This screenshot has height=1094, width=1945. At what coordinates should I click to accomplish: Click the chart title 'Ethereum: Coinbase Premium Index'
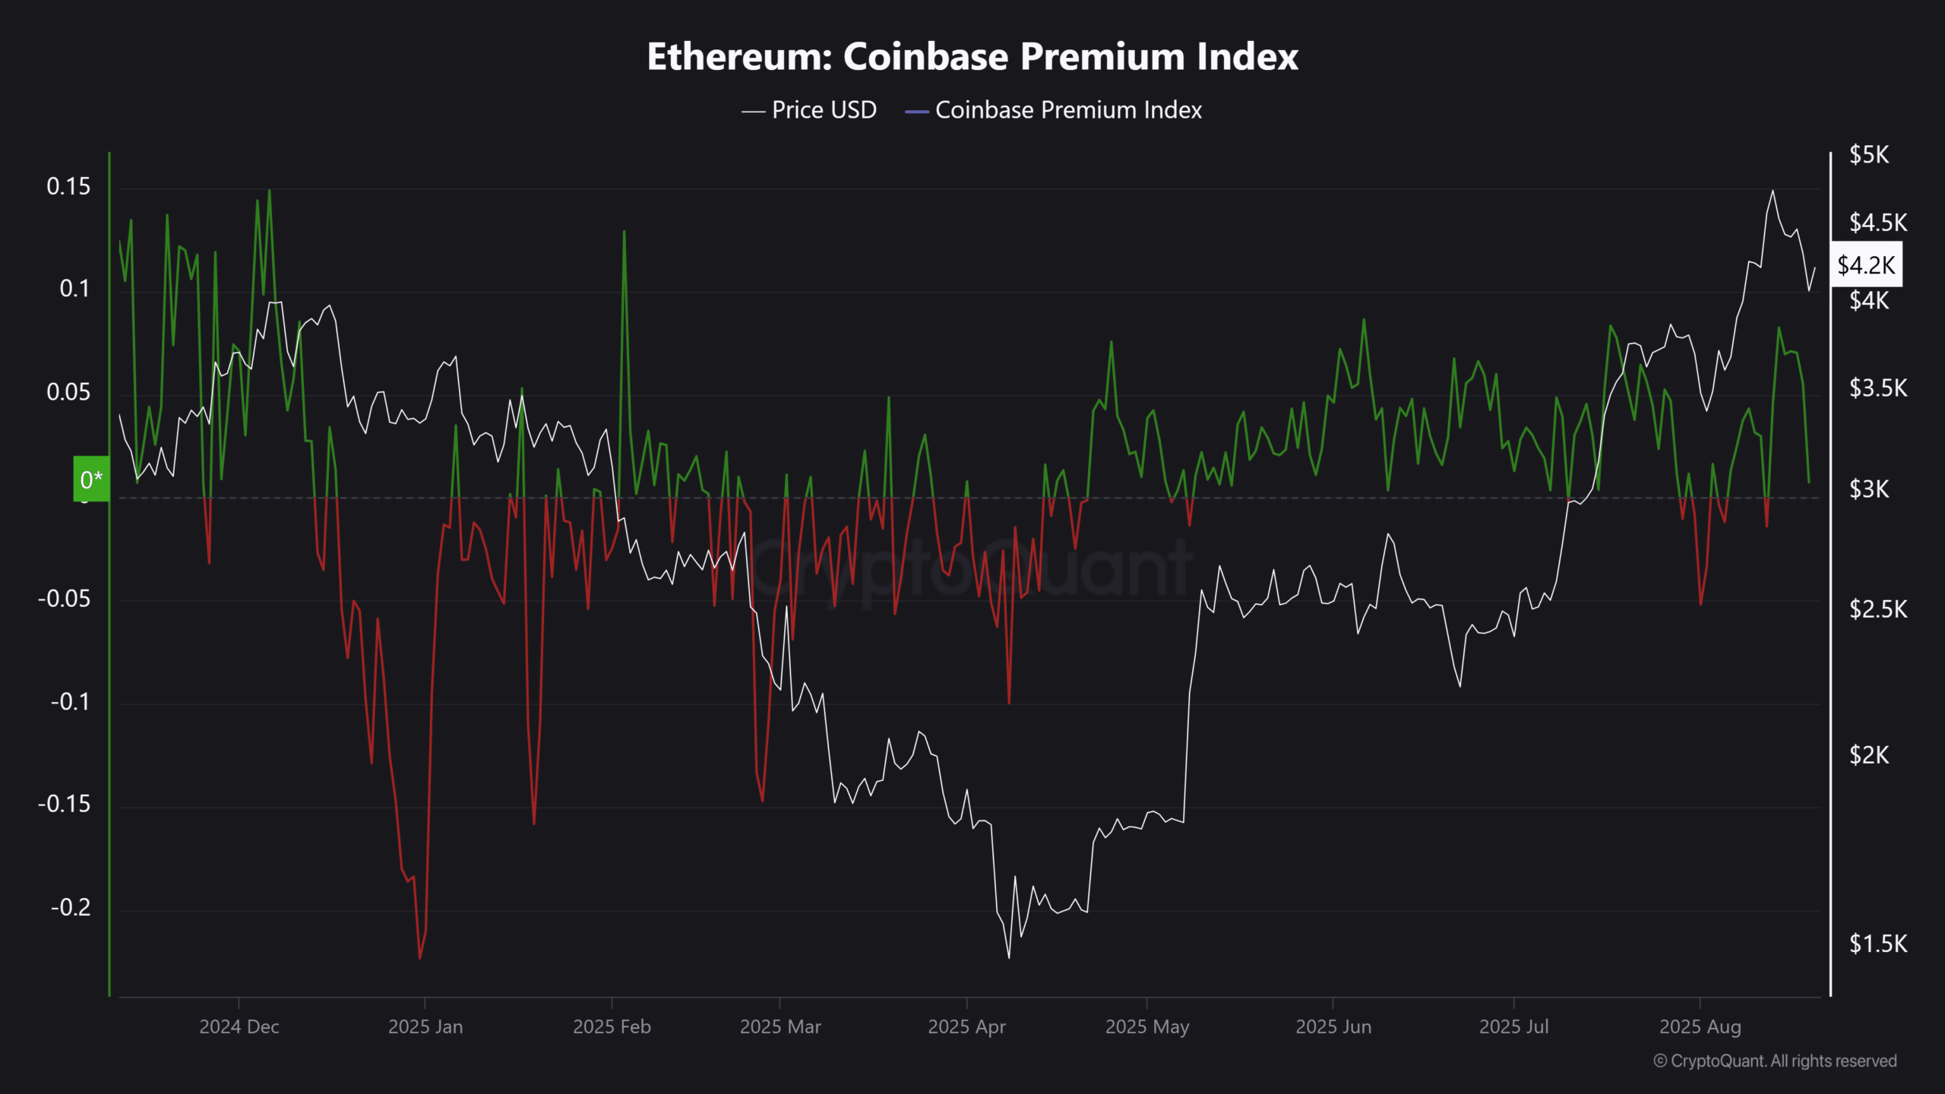click(x=972, y=56)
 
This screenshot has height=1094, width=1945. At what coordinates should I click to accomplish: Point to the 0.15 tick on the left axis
click(x=68, y=186)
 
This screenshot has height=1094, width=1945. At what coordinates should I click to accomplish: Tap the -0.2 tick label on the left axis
click(x=71, y=907)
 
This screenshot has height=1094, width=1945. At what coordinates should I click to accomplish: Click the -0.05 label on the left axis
click(x=65, y=599)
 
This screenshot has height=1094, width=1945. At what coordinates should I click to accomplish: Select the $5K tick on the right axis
click(x=1869, y=155)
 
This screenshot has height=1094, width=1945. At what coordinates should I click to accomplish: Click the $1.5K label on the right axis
click(x=1878, y=944)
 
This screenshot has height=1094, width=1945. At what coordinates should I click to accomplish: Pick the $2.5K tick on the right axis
click(x=1878, y=609)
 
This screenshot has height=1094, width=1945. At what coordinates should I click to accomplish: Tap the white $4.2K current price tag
click(x=1866, y=265)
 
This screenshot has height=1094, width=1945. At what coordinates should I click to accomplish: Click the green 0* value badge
click(x=91, y=479)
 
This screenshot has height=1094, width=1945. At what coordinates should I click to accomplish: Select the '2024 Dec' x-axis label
click(x=239, y=1027)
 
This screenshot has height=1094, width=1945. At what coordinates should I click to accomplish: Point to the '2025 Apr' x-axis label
click(x=966, y=1027)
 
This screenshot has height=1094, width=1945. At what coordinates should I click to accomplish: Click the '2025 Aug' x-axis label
click(x=1700, y=1027)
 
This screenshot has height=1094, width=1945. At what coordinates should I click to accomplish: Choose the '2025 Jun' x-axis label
click(x=1333, y=1027)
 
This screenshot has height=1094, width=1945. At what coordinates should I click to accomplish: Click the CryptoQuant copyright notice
click(x=1775, y=1061)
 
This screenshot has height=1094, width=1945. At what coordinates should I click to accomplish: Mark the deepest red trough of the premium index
click(x=420, y=957)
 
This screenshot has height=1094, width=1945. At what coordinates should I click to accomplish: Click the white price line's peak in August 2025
click(x=1773, y=191)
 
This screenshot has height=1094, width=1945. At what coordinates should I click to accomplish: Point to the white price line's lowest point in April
click(x=1009, y=957)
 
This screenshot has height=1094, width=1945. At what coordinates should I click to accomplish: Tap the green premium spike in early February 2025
click(x=624, y=232)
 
